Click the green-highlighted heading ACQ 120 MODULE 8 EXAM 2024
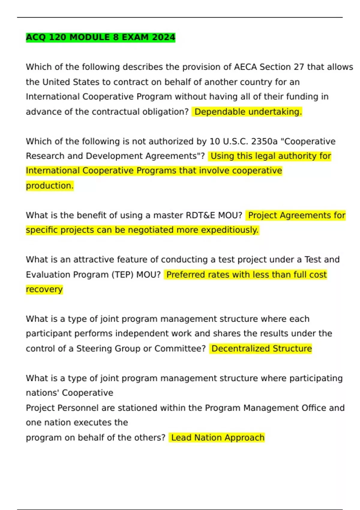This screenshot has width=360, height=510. pyautogui.click(x=100, y=37)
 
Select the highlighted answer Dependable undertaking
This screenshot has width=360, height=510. pyautogui.click(x=248, y=112)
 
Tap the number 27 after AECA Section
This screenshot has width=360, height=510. pyautogui.click(x=299, y=67)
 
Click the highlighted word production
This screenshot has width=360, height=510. pyautogui.click(x=49, y=185)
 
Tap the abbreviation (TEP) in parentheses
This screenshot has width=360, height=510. pyautogui.click(x=122, y=274)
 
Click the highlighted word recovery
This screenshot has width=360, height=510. pyautogui.click(x=44, y=289)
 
